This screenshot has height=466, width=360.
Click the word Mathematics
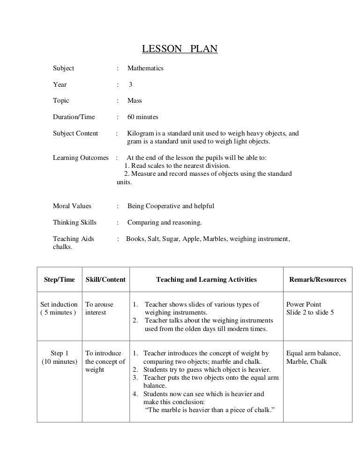[x=145, y=68]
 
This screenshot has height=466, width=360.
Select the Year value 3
[x=131, y=85]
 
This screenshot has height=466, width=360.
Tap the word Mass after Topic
[x=135, y=101]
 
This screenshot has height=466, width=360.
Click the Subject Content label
[x=75, y=134]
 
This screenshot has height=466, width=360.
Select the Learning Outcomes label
[x=81, y=158]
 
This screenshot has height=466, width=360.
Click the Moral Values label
[x=72, y=206]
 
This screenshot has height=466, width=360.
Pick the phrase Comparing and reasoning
[x=165, y=222]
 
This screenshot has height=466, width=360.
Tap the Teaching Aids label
[x=74, y=239]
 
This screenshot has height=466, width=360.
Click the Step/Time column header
[x=59, y=280]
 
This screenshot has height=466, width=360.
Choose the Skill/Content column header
[x=105, y=280]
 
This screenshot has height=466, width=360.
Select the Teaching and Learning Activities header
[x=206, y=280]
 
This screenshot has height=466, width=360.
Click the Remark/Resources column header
[x=317, y=280]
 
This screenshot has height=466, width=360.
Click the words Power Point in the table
[x=304, y=304]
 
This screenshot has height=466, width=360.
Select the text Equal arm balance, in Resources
[x=313, y=353]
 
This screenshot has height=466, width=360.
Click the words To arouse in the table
[x=99, y=304]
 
